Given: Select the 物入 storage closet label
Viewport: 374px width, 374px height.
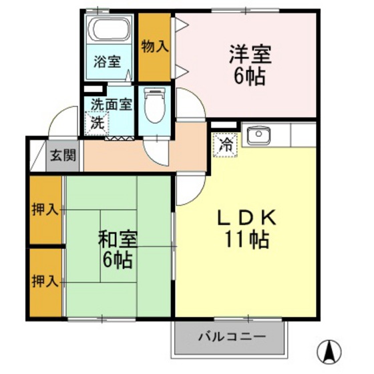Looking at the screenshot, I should coord(155,47).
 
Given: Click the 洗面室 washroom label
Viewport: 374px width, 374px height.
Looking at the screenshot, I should coord(112,104).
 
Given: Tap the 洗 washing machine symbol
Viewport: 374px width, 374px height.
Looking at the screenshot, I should coord(98,123).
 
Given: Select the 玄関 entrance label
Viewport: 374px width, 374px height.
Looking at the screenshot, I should coord(64,158).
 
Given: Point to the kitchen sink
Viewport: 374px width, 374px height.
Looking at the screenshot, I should coord(256,135).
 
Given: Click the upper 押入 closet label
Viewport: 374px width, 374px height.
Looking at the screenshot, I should coord(45,210).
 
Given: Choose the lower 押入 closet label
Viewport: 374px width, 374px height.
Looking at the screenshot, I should coord(45,280).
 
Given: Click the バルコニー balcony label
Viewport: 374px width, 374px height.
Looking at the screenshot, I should coord(232,336).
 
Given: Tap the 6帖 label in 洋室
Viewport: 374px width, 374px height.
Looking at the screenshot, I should coord(248,75).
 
